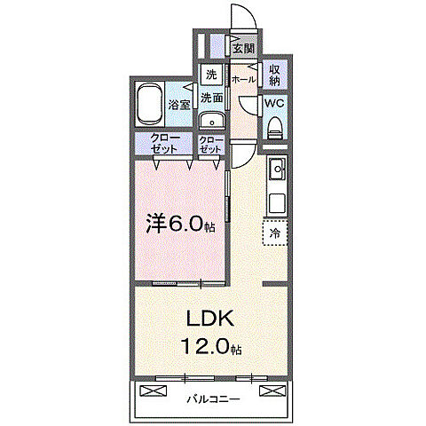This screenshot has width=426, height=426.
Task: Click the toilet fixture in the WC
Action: tap(274, 127)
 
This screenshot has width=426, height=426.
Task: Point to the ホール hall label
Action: tap(243, 79)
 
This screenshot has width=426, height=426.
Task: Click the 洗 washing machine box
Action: tap(211, 75)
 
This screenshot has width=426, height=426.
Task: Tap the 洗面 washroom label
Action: tap(211, 97)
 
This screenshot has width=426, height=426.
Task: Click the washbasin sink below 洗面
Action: tap(211, 122)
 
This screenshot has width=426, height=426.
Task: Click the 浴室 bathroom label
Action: tap(179, 105)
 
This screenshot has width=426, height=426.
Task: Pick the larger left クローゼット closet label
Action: tap(163, 144)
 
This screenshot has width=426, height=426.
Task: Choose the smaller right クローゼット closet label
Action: tap(210, 144)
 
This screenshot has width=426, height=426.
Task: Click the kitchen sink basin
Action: tap(276, 167)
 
